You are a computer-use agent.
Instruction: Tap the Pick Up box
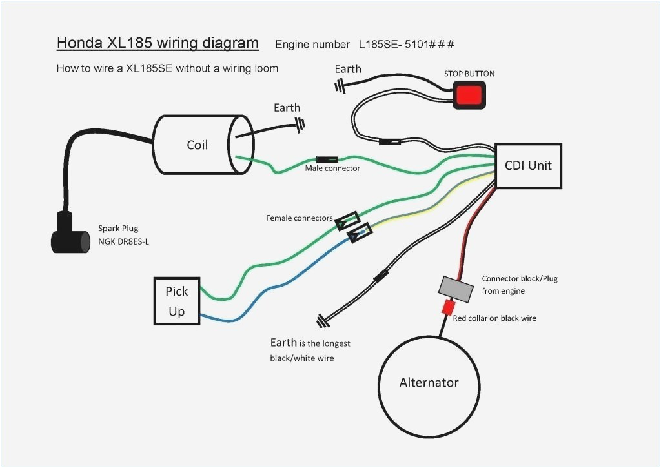coord(176,301)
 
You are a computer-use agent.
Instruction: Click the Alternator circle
coord(429,382)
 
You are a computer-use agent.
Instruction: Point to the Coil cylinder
coord(198,145)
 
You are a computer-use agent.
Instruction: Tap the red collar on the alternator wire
coord(446,307)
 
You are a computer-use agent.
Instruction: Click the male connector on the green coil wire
coord(327,159)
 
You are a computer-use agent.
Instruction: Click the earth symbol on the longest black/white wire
coord(321,320)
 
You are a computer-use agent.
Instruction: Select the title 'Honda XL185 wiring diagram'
coord(158,43)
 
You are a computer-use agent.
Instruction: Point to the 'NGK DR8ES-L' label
coord(127,241)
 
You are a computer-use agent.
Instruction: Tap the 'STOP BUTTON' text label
coord(469,74)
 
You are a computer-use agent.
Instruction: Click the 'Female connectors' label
coord(300,218)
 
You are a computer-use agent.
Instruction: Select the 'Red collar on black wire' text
coord(494,318)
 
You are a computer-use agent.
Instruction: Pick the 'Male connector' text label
coord(332,168)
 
